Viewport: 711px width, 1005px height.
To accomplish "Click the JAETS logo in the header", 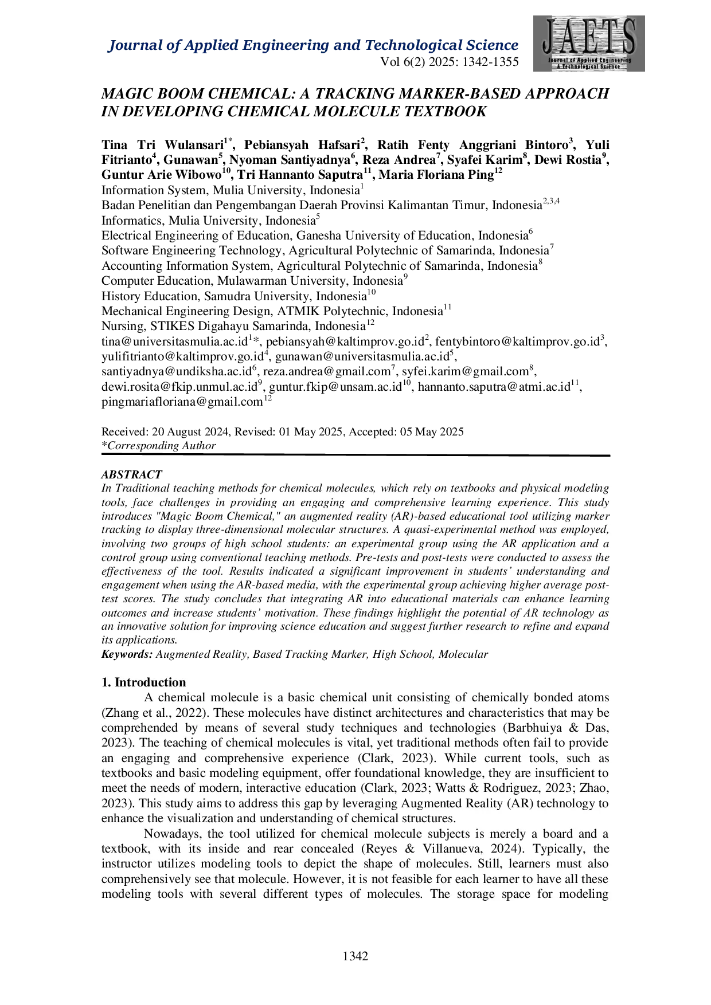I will coord(589,44).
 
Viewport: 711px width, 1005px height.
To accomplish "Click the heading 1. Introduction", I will coord(144,682).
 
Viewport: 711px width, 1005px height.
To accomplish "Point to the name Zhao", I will coord(592,788).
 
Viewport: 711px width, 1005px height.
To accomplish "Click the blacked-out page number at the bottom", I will coord(355,956).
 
